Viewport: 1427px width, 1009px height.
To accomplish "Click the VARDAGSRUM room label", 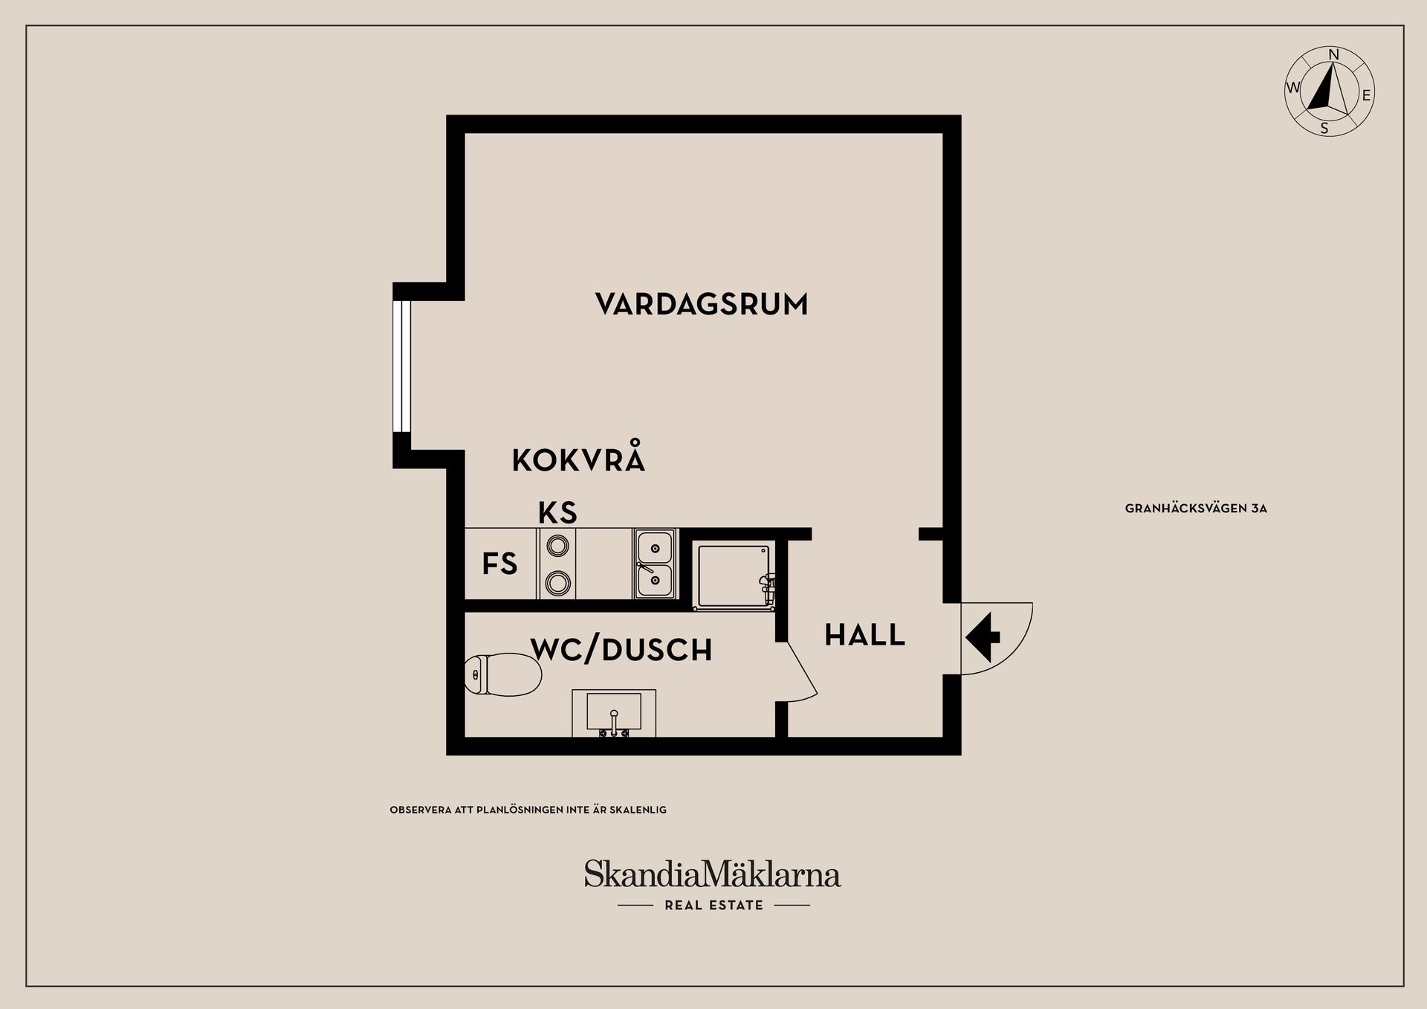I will click(701, 304).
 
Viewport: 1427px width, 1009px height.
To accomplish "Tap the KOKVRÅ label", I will click(578, 460).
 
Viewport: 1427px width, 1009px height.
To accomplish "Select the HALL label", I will click(864, 636).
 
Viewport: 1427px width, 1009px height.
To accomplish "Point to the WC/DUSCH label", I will click(621, 650).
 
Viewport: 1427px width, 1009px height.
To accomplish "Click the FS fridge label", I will click(499, 564).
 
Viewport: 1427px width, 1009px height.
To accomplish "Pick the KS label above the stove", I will click(557, 513).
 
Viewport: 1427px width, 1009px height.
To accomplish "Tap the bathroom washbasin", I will click(614, 713).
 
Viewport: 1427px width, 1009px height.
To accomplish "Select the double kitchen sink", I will click(655, 564).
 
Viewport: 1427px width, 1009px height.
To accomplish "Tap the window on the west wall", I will click(401, 366).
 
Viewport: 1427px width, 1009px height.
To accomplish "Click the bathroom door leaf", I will click(801, 668).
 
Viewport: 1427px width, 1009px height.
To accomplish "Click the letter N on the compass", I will click(1333, 55).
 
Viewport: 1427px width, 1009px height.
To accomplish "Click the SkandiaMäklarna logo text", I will click(712, 874).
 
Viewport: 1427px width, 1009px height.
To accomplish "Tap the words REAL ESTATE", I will click(713, 906).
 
